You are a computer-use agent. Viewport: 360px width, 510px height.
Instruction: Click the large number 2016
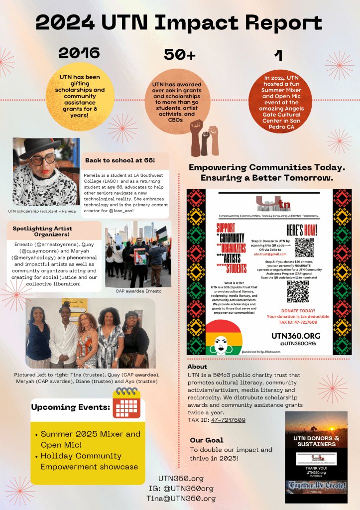click(79, 53)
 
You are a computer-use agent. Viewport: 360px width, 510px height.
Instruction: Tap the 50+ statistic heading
click(180, 55)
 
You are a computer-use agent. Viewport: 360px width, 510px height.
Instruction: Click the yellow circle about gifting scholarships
click(80, 96)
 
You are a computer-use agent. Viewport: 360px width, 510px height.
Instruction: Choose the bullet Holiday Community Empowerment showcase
click(89, 461)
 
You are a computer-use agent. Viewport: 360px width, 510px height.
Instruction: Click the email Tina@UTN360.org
click(180, 498)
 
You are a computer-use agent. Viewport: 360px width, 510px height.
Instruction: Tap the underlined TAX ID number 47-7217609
click(228, 420)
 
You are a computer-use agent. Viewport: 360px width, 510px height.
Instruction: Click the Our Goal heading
click(207, 440)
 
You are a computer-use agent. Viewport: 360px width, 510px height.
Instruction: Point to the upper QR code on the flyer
click(304, 247)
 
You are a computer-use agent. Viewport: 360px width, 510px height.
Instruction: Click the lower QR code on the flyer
click(297, 291)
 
